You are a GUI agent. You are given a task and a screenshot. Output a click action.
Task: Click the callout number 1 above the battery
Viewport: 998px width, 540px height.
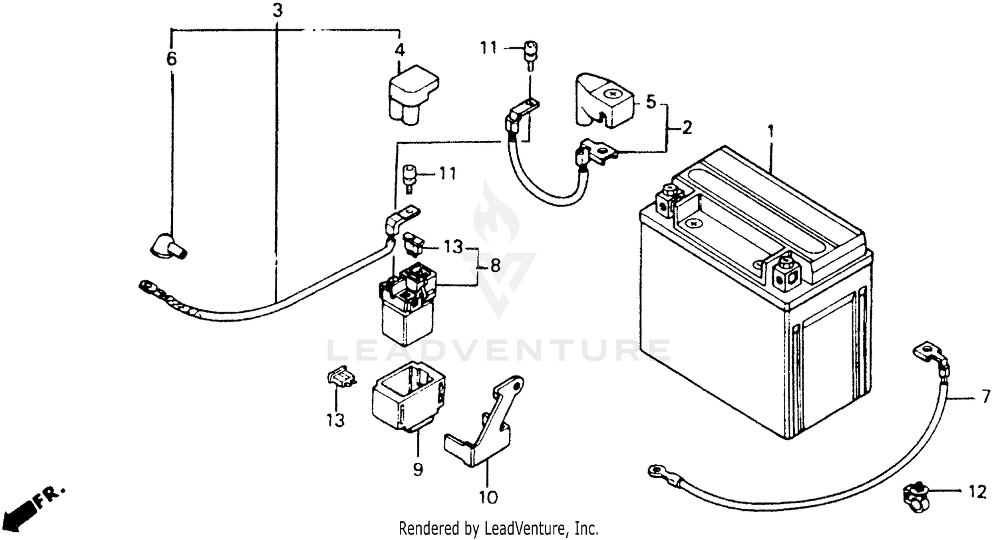pos(770,132)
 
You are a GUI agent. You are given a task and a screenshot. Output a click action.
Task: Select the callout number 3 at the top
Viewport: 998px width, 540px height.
pos(277,11)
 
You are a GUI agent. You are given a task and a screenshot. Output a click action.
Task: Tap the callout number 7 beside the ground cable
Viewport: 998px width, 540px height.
pos(986,398)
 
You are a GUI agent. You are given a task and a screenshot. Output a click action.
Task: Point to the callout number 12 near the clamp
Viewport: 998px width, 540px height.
pos(976,493)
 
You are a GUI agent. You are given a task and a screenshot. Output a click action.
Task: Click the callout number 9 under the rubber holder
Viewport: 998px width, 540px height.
pos(417,469)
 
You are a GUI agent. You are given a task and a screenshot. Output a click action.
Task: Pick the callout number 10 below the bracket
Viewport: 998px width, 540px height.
pos(488,497)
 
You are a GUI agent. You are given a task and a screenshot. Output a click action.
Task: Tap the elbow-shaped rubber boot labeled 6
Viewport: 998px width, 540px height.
pos(166,246)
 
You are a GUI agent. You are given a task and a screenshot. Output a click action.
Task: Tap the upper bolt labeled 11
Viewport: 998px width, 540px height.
pos(530,53)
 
